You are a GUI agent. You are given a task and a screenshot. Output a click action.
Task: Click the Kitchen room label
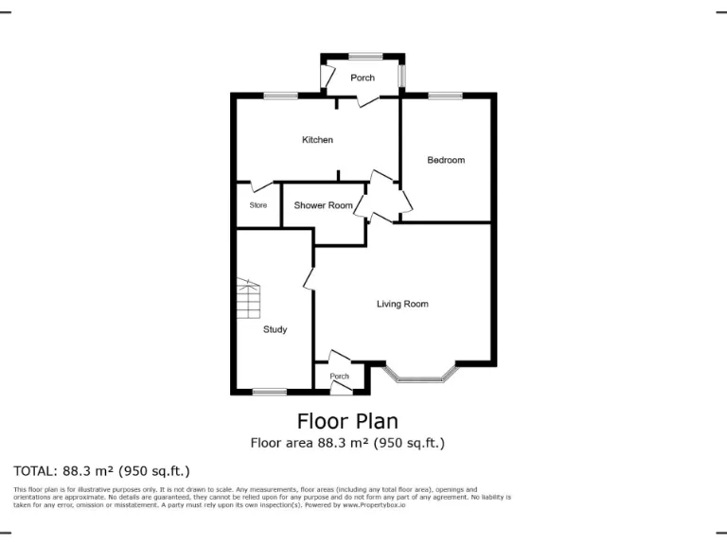[x=317, y=140]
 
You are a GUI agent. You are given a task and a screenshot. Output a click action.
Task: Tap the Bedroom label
[x=446, y=160]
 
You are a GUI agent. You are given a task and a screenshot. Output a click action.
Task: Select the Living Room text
[x=402, y=304]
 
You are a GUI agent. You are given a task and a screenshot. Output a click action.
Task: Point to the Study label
[x=275, y=329]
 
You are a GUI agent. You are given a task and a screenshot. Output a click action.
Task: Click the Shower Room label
[x=323, y=205]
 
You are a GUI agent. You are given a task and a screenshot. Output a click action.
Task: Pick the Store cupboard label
[x=257, y=205]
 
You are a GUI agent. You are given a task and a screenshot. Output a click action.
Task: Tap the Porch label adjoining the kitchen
[x=363, y=78]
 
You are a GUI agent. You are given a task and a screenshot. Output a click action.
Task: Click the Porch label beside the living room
[x=339, y=377]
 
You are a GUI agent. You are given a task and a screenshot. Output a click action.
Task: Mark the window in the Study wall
[x=270, y=392]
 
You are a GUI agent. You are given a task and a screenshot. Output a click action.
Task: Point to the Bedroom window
[x=445, y=95]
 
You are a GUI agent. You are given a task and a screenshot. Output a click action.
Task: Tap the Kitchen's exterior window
[x=279, y=95]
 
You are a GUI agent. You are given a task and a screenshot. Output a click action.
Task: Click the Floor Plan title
[x=347, y=421]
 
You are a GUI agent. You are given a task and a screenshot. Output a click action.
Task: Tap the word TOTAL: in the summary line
[x=35, y=470]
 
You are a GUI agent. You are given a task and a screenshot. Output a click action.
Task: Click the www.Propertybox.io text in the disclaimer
[x=374, y=504]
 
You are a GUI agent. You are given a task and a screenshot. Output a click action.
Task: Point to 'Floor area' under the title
[x=278, y=443]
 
